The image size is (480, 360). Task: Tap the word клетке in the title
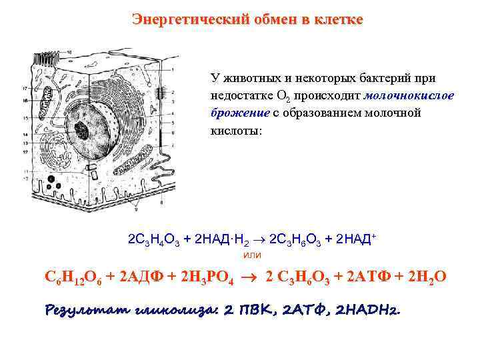pyautogui.click(x=337, y=19)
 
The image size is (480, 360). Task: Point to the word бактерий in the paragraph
pyautogui.click(x=381, y=79)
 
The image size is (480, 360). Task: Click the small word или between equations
pyautogui.click(x=253, y=255)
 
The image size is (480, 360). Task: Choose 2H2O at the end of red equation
pyautogui.click(x=424, y=277)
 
